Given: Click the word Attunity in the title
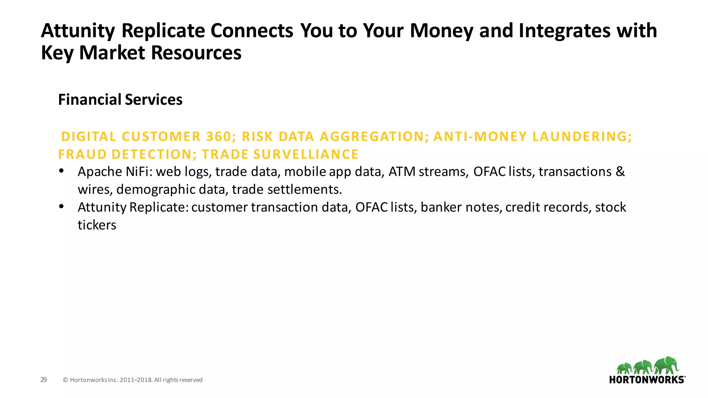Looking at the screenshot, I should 78,31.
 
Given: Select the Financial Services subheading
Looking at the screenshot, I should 120,100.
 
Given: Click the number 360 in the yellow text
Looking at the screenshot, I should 218,137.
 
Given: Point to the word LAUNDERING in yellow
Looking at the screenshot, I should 582,137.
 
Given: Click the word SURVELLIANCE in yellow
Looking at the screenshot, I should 306,154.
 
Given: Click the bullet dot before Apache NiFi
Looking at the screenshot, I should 62,171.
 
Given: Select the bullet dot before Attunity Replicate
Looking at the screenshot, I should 62,206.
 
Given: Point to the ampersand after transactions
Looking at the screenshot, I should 620,172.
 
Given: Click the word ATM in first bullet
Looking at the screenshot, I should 402,172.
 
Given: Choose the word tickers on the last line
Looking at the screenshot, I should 97,225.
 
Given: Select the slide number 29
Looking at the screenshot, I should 44,380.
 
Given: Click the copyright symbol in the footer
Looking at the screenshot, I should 65,380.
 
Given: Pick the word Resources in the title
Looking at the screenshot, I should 196,53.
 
